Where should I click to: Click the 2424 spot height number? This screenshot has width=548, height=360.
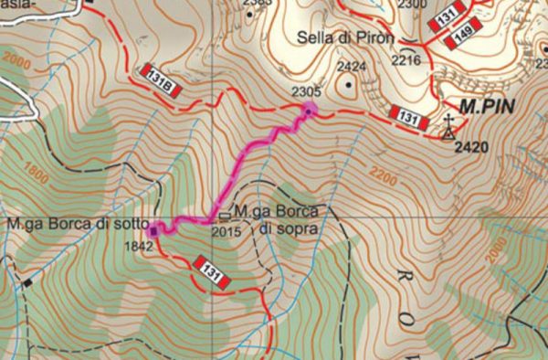coord(351,67)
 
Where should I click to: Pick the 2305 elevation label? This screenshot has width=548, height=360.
coord(304,90)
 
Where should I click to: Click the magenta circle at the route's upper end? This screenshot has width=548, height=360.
coord(310,111)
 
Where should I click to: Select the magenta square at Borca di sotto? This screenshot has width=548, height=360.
coord(153,229)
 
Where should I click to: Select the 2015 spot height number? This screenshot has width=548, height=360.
coord(223,230)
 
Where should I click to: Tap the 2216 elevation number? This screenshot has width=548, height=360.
coord(405,60)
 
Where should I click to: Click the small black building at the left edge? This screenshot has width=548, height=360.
coord(26,282)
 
